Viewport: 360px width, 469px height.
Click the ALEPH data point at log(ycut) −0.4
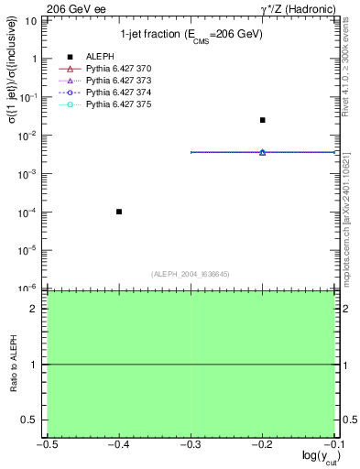click(119, 212)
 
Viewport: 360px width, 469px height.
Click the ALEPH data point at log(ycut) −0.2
click(262, 120)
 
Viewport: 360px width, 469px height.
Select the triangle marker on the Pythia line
click(262, 152)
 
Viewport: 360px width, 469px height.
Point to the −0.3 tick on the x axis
click(191, 444)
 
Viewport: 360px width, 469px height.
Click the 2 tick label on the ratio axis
click(38, 310)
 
